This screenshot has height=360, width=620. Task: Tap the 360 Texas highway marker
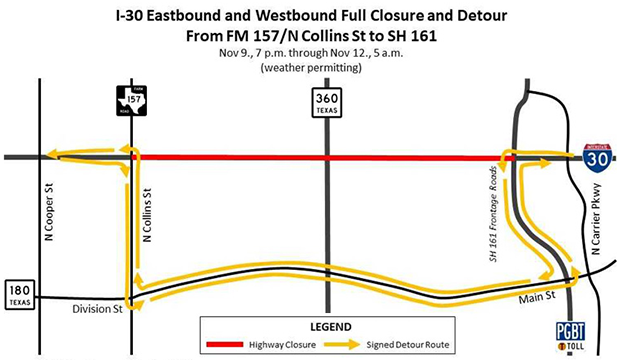(x=325, y=102)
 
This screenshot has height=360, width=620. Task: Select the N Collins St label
(x=147, y=214)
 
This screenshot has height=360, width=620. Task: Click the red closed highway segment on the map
(x=320, y=157)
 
